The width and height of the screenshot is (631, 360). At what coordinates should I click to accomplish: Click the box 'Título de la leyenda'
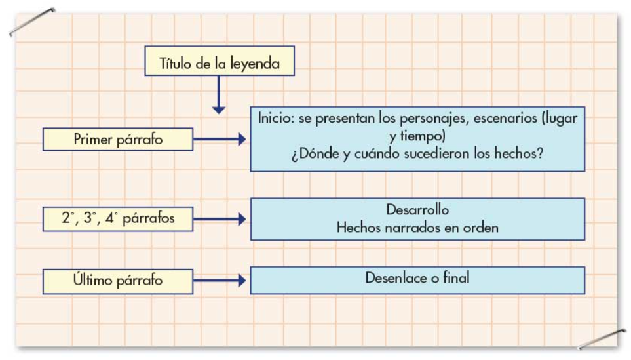(x=219, y=64)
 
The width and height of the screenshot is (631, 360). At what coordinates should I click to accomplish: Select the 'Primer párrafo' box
(x=118, y=139)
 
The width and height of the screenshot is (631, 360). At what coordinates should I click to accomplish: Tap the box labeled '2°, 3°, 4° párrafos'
(x=118, y=219)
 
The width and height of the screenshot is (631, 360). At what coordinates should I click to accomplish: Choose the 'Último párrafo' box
(x=118, y=281)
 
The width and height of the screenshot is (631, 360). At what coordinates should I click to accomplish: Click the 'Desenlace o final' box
(x=417, y=279)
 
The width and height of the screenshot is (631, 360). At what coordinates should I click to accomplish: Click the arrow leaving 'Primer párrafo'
(x=220, y=139)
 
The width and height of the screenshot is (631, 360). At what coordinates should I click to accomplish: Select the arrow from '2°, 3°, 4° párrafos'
(x=220, y=219)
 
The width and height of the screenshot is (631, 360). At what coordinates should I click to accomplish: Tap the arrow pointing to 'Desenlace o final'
(x=220, y=281)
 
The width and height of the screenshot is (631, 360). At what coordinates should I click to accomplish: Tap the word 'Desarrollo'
(x=417, y=210)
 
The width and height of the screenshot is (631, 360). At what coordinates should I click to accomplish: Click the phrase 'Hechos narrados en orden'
(x=417, y=228)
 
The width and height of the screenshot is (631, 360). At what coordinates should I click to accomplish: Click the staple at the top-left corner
(x=31, y=22)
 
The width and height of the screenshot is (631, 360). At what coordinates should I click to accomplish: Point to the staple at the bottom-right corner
(x=601, y=340)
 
